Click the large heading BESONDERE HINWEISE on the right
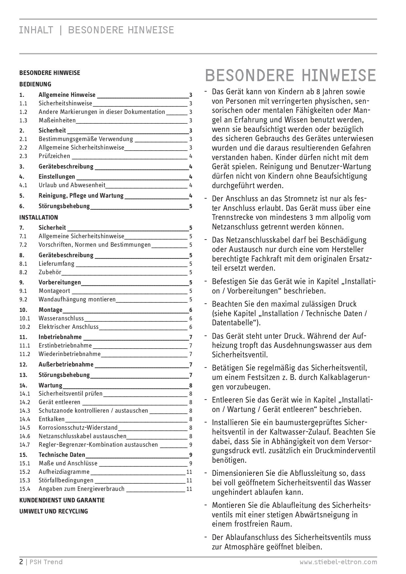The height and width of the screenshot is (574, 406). (x=290, y=75)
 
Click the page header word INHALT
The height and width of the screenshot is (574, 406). (x=36, y=30)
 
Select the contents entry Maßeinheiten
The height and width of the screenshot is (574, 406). (x=57, y=120)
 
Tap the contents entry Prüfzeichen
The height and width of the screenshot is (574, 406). (x=54, y=156)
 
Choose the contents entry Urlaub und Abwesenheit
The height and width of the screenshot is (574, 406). (x=72, y=185)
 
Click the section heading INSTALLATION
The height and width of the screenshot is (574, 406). (x=39, y=217)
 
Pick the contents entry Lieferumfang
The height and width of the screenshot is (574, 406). (x=57, y=264)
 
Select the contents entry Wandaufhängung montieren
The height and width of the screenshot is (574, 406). (x=77, y=299)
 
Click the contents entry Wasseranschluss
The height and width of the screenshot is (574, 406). (x=61, y=318)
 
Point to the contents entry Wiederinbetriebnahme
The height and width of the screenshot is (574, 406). (x=70, y=354)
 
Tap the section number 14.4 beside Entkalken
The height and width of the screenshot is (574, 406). (x=25, y=419)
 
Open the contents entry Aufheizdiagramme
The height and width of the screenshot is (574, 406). (x=64, y=472)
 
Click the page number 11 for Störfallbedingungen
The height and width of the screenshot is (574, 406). (x=189, y=480)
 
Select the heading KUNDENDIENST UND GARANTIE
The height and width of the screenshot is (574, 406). (x=62, y=500)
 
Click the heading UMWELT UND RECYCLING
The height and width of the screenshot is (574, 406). (x=54, y=511)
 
